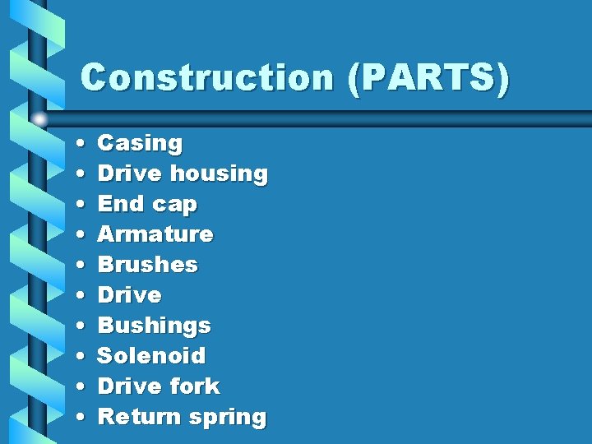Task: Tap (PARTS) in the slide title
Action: click(428, 78)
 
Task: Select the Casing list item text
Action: click(140, 143)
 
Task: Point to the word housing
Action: click(219, 173)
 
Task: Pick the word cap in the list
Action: click(174, 204)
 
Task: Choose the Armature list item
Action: click(155, 234)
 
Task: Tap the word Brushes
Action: click(148, 265)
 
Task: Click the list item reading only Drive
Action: click(130, 295)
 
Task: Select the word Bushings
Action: click(155, 326)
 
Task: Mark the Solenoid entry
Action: click(151, 356)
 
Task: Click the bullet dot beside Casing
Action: click(76, 144)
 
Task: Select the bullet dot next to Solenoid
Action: click(76, 357)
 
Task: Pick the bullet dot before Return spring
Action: click(76, 418)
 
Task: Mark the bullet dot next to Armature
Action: click(76, 235)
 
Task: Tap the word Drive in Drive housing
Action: click(130, 173)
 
